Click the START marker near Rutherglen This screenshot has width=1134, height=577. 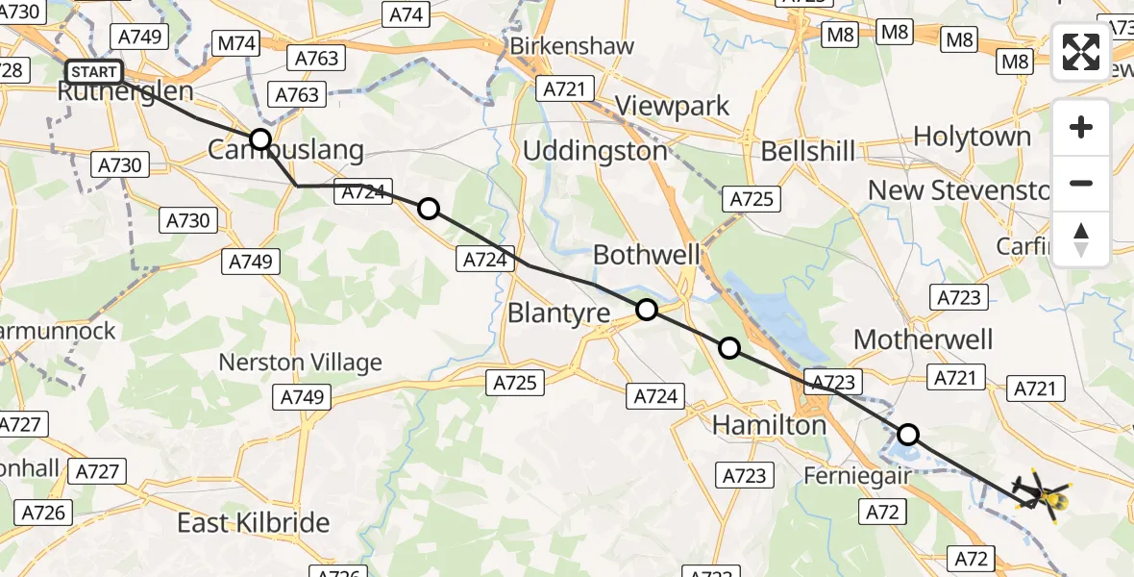pyautogui.click(x=94, y=72)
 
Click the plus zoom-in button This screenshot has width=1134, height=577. pyautogui.click(x=1081, y=127)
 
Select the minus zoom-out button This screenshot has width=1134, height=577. pyautogui.click(x=1081, y=183)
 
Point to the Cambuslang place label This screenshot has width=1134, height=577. pyautogui.click(x=286, y=150)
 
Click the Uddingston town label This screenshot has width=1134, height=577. pyautogui.click(x=595, y=151)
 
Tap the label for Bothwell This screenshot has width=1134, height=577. pyautogui.click(x=647, y=255)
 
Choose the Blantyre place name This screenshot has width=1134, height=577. pyautogui.click(x=558, y=314)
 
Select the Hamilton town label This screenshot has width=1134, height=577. pyautogui.click(x=769, y=424)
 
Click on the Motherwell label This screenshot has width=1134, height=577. pyautogui.click(x=923, y=339)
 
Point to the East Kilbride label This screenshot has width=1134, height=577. pyautogui.click(x=254, y=522)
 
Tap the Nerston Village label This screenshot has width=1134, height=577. pyautogui.click(x=300, y=363)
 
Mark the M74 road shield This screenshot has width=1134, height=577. pyautogui.click(x=236, y=43)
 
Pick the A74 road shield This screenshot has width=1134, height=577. pyautogui.click(x=406, y=14)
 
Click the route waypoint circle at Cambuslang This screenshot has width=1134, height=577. pyautogui.click(x=260, y=139)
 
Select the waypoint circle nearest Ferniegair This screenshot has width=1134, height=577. pyautogui.click(x=907, y=434)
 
